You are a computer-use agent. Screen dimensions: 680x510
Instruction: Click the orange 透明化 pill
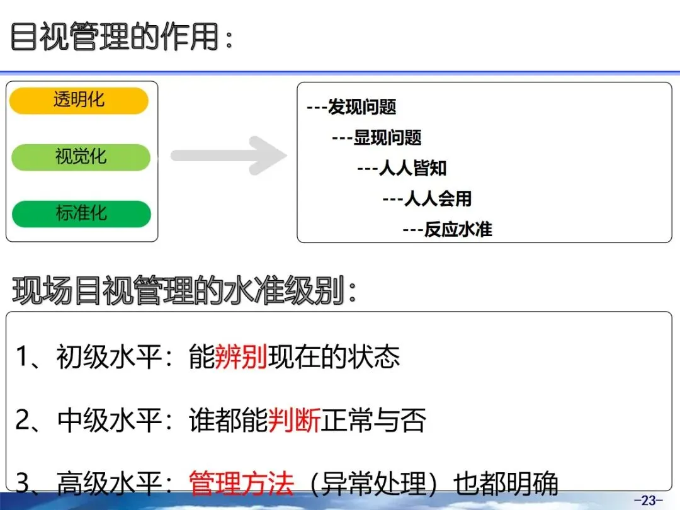[x=79, y=101]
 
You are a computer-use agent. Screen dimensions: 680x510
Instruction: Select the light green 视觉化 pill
[x=81, y=157]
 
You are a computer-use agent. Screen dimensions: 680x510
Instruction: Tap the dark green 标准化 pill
[x=81, y=214]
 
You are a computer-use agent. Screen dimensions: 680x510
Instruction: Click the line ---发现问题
[x=351, y=108]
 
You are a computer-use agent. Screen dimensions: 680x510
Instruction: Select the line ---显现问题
[x=377, y=138]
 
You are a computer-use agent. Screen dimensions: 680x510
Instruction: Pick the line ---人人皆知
[x=402, y=168]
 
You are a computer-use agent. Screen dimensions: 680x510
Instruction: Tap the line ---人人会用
[x=427, y=199]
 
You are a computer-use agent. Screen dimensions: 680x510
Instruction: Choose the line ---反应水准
[x=447, y=229]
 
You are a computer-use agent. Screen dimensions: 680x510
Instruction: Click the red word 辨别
[x=241, y=358]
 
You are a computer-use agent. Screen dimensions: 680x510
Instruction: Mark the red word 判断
[x=295, y=421]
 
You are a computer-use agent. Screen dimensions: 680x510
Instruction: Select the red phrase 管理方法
[x=242, y=484]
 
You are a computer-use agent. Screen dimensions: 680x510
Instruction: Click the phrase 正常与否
[x=374, y=421]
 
